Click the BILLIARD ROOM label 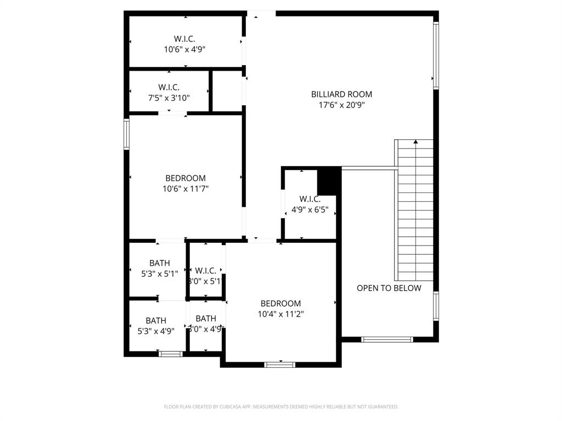[341, 94]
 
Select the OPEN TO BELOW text [389, 288]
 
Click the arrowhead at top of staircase [415, 142]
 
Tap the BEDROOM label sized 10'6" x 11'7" [186, 178]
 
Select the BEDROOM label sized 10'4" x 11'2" [280, 304]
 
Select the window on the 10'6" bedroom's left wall [126, 135]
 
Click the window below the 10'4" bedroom [280, 364]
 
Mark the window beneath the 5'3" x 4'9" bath [171, 354]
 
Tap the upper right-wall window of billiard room [436, 55]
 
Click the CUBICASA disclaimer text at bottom [281, 407]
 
